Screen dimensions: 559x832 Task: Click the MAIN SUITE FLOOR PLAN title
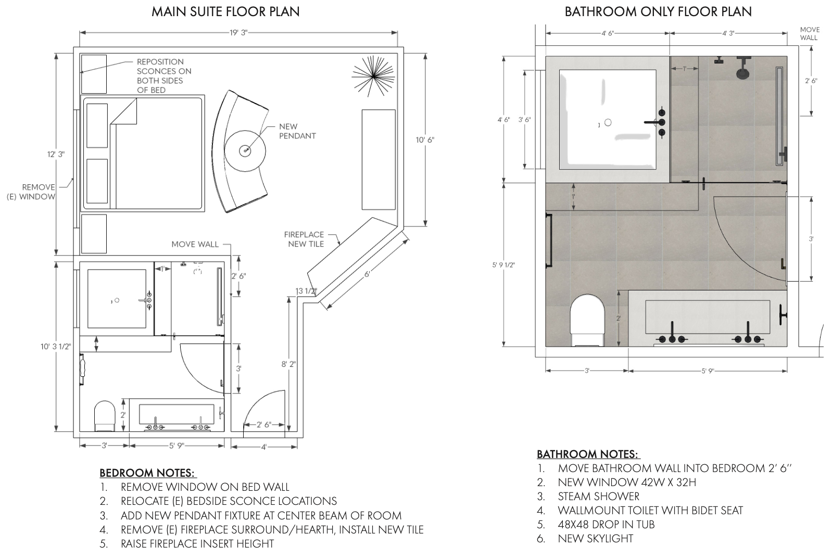225,11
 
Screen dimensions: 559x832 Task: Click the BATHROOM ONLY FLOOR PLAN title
658,11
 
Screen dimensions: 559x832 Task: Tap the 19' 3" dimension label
238,32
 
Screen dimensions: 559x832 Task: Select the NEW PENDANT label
297,131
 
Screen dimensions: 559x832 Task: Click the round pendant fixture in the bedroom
246,150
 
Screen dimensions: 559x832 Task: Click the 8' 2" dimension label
288,364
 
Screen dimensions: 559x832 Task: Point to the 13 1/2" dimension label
306,291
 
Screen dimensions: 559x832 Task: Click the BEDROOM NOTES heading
148,473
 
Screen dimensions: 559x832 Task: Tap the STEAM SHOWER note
598,497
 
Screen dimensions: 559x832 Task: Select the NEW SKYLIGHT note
595,539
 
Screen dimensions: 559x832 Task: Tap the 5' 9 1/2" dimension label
503,265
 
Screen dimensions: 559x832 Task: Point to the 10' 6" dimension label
425,139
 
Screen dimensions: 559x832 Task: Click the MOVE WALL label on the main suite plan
195,244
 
